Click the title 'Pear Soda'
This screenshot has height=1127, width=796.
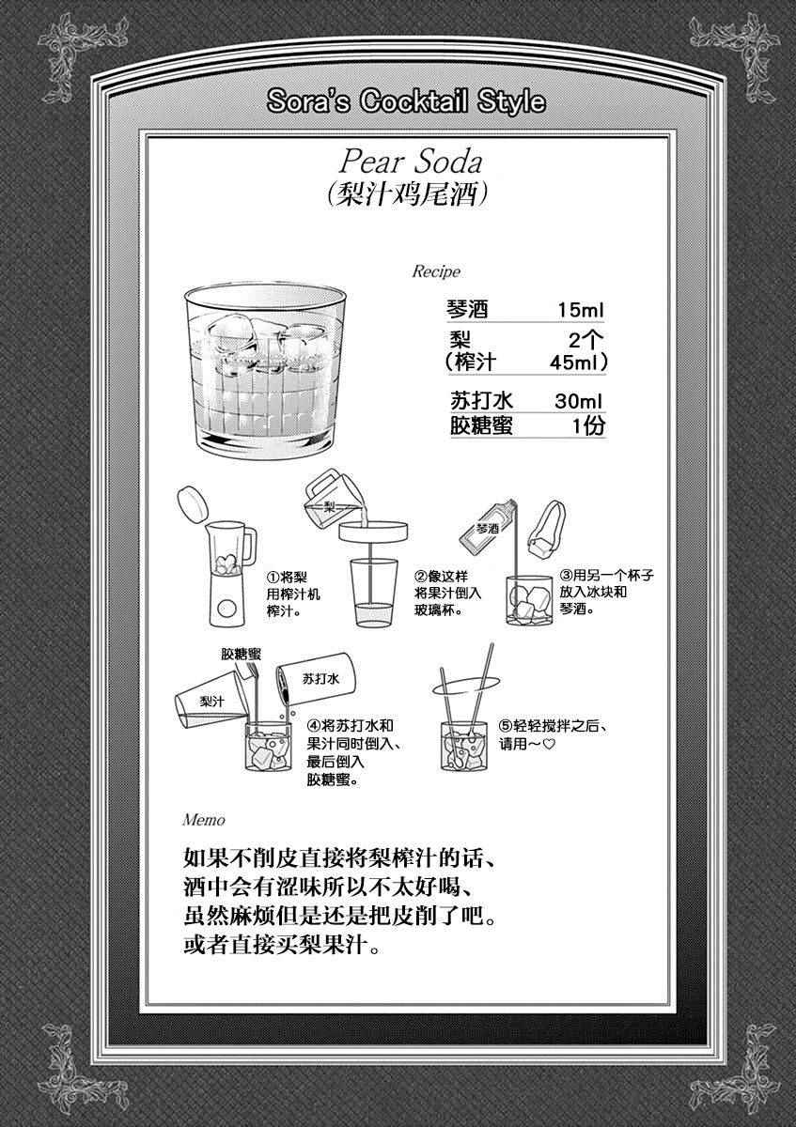click(x=411, y=162)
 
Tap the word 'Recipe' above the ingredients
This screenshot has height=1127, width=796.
click(x=436, y=271)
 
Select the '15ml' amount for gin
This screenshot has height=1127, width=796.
click(x=580, y=310)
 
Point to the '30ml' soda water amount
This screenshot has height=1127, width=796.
click(x=579, y=402)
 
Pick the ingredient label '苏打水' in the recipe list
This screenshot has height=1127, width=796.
click(x=481, y=402)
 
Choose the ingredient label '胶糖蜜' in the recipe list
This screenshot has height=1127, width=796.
click(x=481, y=425)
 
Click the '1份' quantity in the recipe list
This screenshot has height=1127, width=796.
click(x=588, y=426)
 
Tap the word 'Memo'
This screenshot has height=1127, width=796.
click(x=204, y=820)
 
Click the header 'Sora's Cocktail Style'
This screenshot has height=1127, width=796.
click(x=406, y=101)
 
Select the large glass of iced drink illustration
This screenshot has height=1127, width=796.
click(x=265, y=370)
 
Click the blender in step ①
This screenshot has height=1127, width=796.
click(x=230, y=575)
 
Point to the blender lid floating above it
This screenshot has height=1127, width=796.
click(x=193, y=503)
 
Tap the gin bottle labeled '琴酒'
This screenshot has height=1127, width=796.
click(x=488, y=525)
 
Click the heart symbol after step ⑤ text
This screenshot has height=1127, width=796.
click(x=549, y=744)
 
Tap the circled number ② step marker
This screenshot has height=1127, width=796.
click(x=421, y=576)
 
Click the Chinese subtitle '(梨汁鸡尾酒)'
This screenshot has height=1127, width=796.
click(x=407, y=193)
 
